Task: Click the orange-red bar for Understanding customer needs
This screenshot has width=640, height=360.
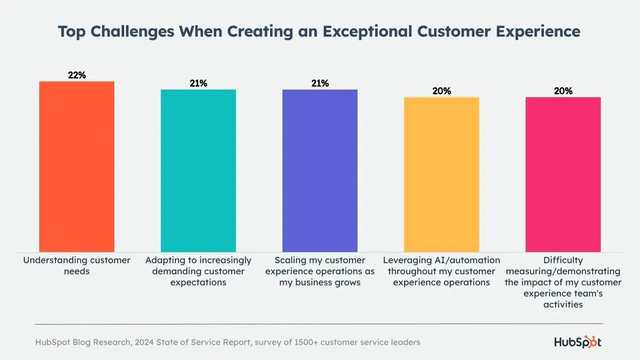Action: (77, 166)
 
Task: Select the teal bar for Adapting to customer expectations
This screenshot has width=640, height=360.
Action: (198, 171)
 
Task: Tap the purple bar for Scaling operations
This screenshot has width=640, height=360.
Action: (320, 171)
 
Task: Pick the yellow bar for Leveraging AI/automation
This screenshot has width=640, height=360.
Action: (442, 174)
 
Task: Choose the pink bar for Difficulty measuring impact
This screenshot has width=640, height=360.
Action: (563, 174)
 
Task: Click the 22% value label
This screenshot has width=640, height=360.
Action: (77, 75)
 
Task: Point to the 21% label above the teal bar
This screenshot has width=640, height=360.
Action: (198, 83)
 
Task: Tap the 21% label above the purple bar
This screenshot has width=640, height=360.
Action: (320, 83)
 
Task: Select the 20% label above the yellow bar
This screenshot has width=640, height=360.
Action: (442, 91)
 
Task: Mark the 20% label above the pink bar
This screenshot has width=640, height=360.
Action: (563, 91)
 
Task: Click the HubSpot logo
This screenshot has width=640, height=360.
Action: (578, 342)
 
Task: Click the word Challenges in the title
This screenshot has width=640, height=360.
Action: (132, 32)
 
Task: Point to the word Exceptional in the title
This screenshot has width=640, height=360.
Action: (367, 32)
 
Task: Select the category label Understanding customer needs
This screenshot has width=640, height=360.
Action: (77, 265)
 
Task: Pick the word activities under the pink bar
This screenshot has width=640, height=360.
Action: (563, 305)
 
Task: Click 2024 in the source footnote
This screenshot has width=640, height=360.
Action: (144, 342)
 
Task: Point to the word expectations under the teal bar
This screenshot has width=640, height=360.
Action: (198, 282)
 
